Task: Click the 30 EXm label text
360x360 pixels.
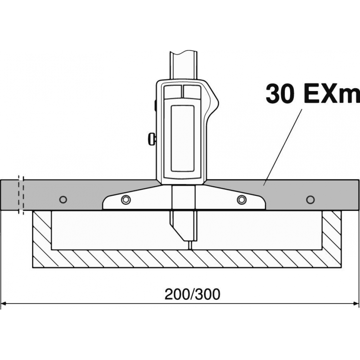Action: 313,94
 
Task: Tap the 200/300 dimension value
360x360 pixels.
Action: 192,294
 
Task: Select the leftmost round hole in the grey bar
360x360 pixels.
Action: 63,199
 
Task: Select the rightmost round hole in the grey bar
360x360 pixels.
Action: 310,199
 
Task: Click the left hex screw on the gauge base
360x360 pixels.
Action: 126,199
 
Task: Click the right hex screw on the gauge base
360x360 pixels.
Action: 242,199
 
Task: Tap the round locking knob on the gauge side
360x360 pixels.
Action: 152,139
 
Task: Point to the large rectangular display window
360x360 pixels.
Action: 183,139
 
